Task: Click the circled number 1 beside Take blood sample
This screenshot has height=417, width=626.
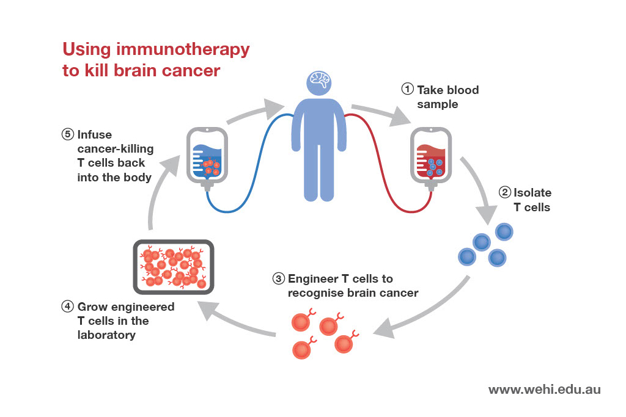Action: (407, 89)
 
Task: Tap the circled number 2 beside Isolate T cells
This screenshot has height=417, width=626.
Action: (504, 192)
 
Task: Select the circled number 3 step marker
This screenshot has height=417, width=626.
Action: (278, 278)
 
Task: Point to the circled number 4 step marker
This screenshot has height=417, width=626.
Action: (67, 306)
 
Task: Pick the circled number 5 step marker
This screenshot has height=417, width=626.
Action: (67, 134)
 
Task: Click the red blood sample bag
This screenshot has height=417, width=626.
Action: (431, 158)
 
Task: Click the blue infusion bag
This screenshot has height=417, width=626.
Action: (207, 158)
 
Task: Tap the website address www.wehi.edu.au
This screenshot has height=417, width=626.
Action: (544, 389)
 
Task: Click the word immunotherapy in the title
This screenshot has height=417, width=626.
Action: (183, 50)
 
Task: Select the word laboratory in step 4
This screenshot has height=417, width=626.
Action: (106, 335)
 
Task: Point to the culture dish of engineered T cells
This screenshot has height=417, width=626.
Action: (173, 267)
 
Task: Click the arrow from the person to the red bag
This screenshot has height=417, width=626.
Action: (381, 113)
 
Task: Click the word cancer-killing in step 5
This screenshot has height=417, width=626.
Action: (116, 149)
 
